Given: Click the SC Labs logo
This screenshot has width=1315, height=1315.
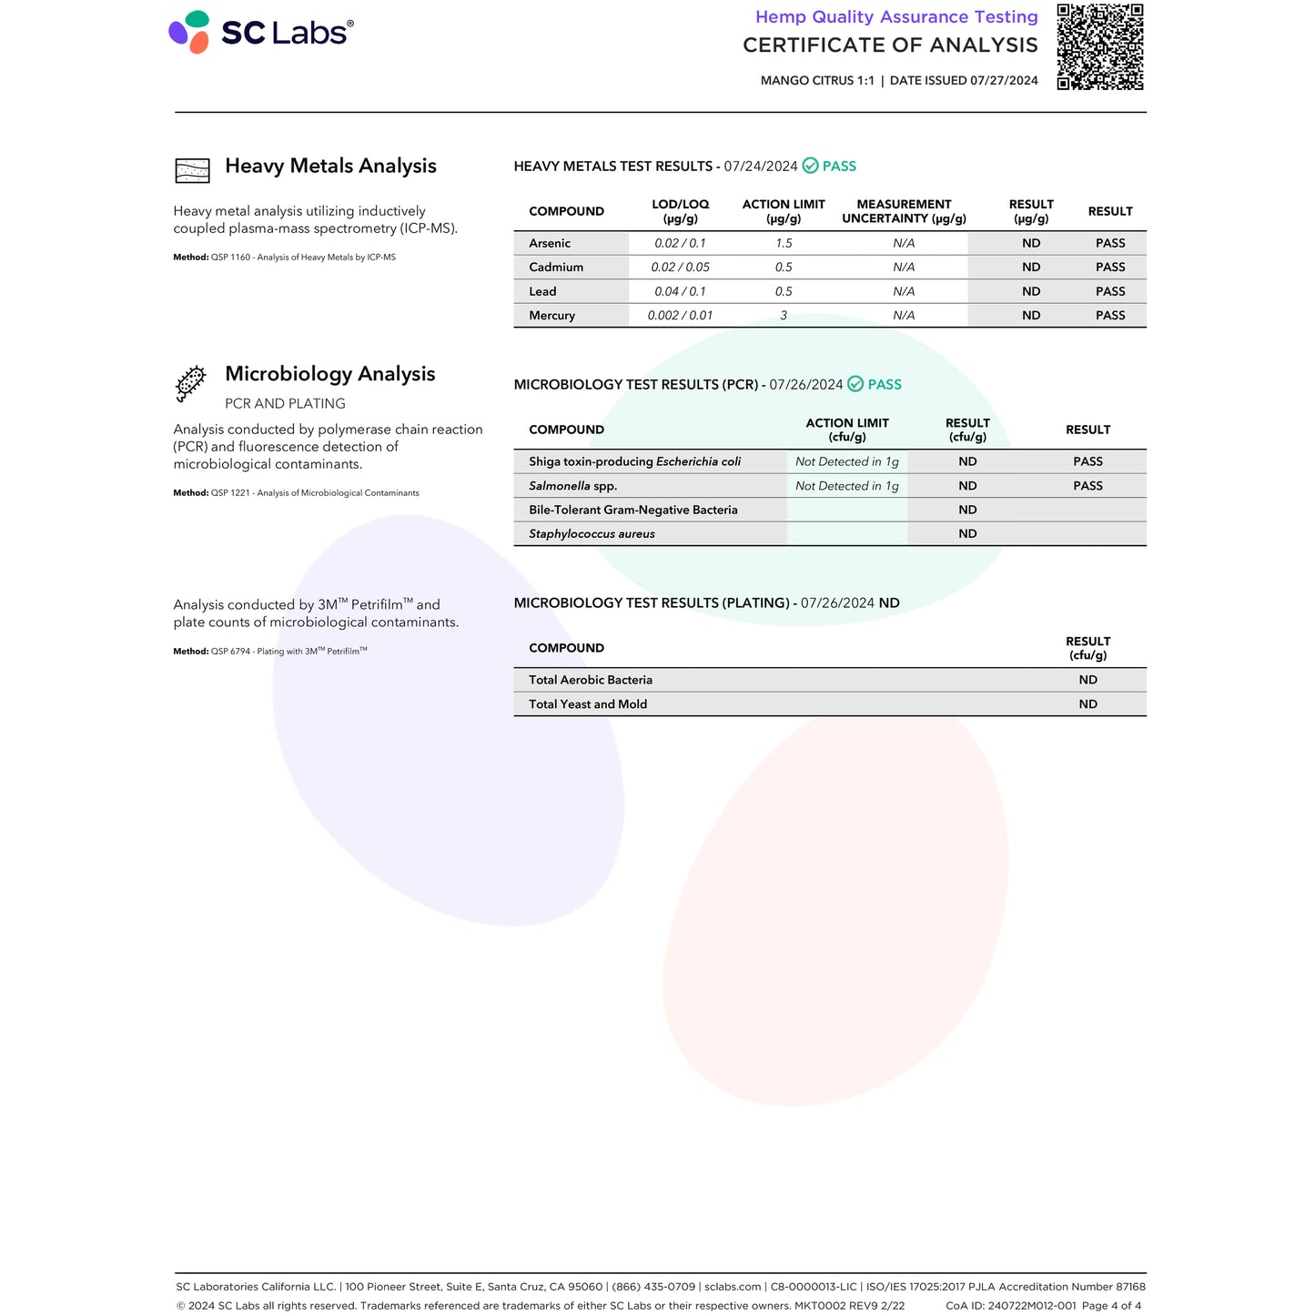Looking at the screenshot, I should pyautogui.click(x=261, y=33).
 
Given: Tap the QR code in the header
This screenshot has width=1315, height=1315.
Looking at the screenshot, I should pyautogui.click(x=1099, y=47).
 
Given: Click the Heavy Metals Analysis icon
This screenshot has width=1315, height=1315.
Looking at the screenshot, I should pyautogui.click(x=192, y=170).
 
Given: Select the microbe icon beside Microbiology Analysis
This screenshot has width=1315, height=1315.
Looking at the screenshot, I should pyautogui.click(x=191, y=383).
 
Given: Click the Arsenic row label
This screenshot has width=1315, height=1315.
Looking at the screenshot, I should pyautogui.click(x=550, y=243).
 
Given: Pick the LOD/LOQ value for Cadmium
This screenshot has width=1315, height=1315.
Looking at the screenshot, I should pyautogui.click(x=680, y=268).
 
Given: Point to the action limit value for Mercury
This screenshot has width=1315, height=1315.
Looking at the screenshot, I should pyautogui.click(x=784, y=316).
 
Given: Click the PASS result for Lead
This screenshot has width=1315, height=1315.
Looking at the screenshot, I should pyautogui.click(x=1110, y=291).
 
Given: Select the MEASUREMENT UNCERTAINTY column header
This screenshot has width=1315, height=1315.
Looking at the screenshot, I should pyautogui.click(x=904, y=211).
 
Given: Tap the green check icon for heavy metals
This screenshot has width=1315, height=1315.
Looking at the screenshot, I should pyautogui.click(x=810, y=167).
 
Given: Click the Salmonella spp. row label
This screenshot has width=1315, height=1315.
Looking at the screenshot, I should pyautogui.click(x=572, y=486).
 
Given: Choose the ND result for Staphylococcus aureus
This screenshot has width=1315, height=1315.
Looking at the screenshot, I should pyautogui.click(x=967, y=534).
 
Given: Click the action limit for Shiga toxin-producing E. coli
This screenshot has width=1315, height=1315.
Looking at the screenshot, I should pyautogui.click(x=846, y=461).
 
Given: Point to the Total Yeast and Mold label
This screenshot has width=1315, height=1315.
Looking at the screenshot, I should pyautogui.click(x=588, y=704).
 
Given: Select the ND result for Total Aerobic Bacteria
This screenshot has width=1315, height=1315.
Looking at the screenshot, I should pyautogui.click(x=1087, y=680).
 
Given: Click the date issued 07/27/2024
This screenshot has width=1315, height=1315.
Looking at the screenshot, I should pyautogui.click(x=1004, y=81).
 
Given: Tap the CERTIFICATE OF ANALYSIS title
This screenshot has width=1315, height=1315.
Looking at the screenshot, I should pyautogui.click(x=890, y=46).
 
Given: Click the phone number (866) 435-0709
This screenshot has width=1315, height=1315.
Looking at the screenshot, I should pyautogui.click(x=653, y=1287).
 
